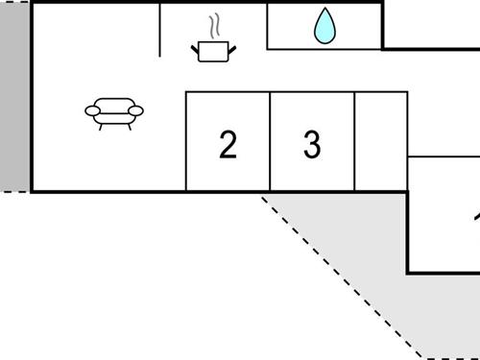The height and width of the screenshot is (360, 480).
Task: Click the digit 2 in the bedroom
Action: point(228,145)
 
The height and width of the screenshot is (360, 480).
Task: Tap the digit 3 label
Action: point(312,145)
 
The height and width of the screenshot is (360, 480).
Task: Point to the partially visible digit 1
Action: point(476,219)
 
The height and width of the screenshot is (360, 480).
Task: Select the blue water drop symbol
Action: point(325,27)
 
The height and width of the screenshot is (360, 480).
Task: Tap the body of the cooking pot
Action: point(211,50)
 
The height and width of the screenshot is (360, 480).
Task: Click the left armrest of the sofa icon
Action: point(93,111)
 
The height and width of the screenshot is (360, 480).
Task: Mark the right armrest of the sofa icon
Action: point(136,111)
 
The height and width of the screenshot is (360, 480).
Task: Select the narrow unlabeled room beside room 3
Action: point(381,142)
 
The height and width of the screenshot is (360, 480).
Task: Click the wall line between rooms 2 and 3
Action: point(270,142)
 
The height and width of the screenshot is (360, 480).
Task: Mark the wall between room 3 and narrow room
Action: point(355,142)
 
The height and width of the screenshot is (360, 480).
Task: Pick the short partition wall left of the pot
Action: point(159,29)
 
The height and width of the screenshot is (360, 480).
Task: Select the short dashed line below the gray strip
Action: point(13,192)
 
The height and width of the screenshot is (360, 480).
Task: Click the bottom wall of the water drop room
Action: point(324,48)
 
